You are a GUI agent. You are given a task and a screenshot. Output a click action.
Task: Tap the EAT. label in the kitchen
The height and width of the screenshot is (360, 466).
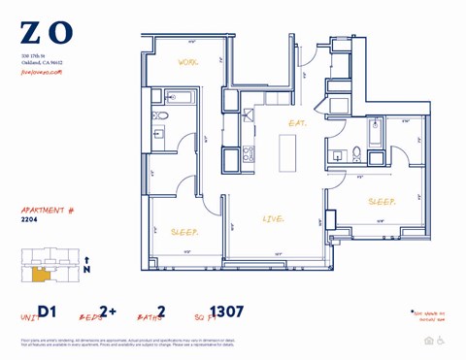(x=297, y=122)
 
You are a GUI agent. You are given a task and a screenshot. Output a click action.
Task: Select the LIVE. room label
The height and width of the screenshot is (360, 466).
(x=274, y=219)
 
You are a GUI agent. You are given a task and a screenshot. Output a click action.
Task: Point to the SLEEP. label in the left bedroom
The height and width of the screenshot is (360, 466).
(x=184, y=234)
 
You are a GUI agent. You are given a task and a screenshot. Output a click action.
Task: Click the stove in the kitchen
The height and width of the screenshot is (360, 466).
(x=249, y=152)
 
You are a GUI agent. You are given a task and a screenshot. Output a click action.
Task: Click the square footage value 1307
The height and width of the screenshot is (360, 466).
(x=226, y=311)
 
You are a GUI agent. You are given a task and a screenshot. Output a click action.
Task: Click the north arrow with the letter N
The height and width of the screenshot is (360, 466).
(x=88, y=265)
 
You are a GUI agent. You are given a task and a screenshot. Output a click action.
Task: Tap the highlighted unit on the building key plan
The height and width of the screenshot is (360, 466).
(x=40, y=275)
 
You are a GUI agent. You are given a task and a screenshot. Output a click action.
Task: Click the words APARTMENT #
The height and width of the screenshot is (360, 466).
(x=48, y=209)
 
